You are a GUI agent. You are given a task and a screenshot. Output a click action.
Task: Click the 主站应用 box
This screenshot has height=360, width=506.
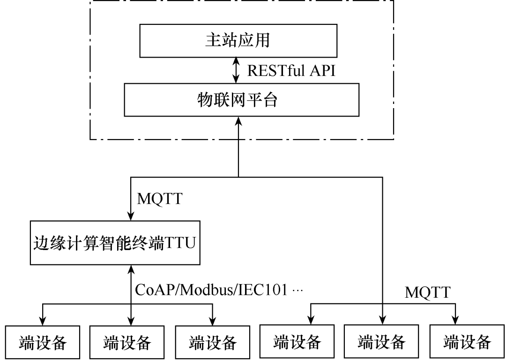click(238, 41)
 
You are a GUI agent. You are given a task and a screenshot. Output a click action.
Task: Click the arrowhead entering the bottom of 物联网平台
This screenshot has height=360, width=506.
click(238, 121)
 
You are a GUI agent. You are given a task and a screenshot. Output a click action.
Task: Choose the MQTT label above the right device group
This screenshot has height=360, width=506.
click(427, 293)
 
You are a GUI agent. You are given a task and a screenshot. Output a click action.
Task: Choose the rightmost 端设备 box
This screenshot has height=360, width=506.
click(467, 343)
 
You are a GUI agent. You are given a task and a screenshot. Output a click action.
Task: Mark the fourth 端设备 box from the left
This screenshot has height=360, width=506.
click(297, 343)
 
